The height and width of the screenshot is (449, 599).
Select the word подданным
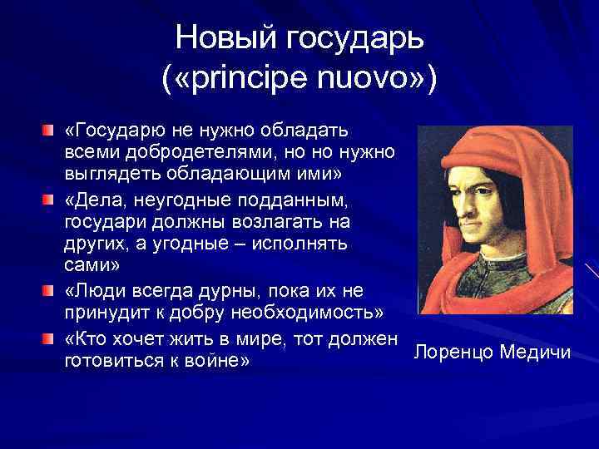point(290,202)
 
